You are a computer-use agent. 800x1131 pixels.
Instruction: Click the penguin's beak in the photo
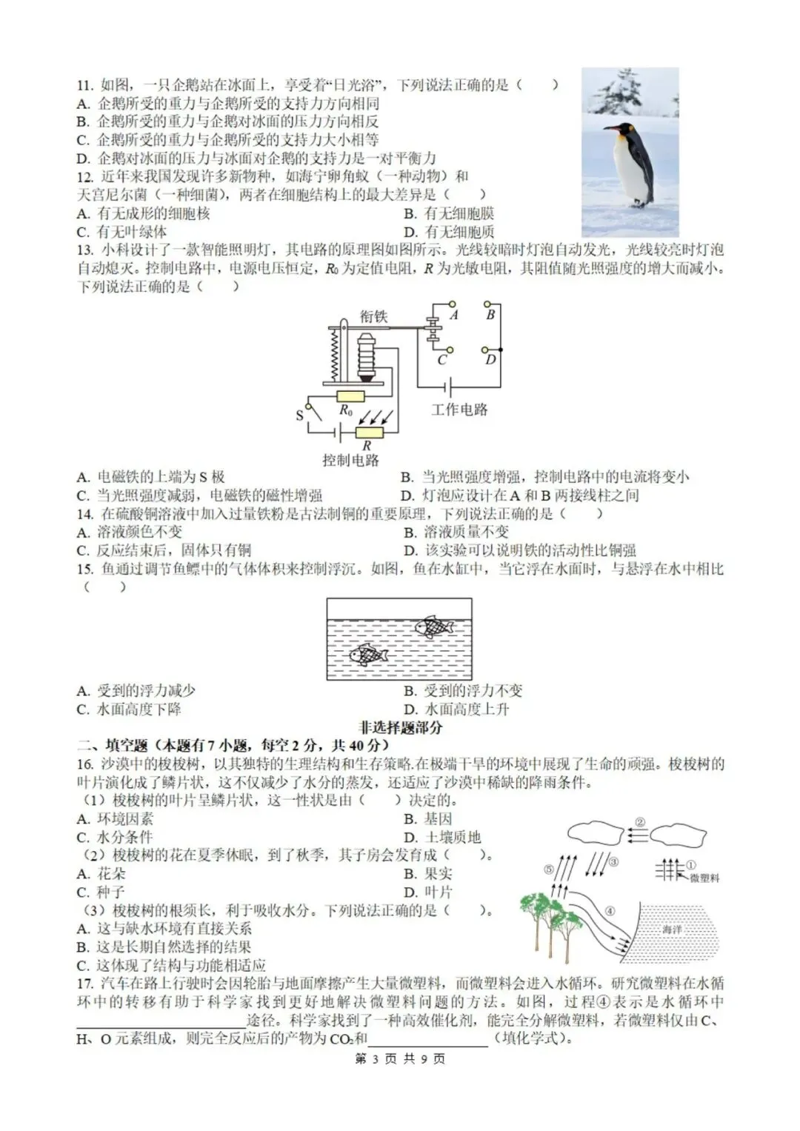coord(609,129)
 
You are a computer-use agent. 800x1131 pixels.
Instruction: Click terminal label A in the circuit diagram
coord(455,315)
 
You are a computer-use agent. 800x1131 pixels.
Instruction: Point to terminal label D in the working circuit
coord(490,359)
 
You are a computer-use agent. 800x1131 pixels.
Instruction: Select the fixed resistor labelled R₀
coord(350,397)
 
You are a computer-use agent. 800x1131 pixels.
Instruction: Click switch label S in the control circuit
coord(299,415)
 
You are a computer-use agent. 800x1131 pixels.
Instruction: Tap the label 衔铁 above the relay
coord(374,316)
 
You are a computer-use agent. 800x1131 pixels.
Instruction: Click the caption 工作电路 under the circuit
coord(459,410)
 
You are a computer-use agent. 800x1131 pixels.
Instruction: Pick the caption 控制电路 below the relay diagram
coord(350,460)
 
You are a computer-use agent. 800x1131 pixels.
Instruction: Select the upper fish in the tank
coord(434,627)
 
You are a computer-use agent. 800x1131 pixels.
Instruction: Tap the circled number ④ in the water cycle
coord(610,910)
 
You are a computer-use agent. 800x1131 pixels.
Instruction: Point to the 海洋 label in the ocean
coord(672,929)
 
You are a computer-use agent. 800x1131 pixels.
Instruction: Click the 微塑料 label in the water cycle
coord(704,878)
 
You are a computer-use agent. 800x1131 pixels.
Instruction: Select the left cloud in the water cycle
coord(597,833)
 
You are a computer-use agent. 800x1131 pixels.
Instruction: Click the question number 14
coord(85,514)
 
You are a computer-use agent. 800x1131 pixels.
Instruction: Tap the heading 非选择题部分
coord(400,727)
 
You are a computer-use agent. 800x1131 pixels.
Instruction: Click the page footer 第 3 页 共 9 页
coord(400,1058)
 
